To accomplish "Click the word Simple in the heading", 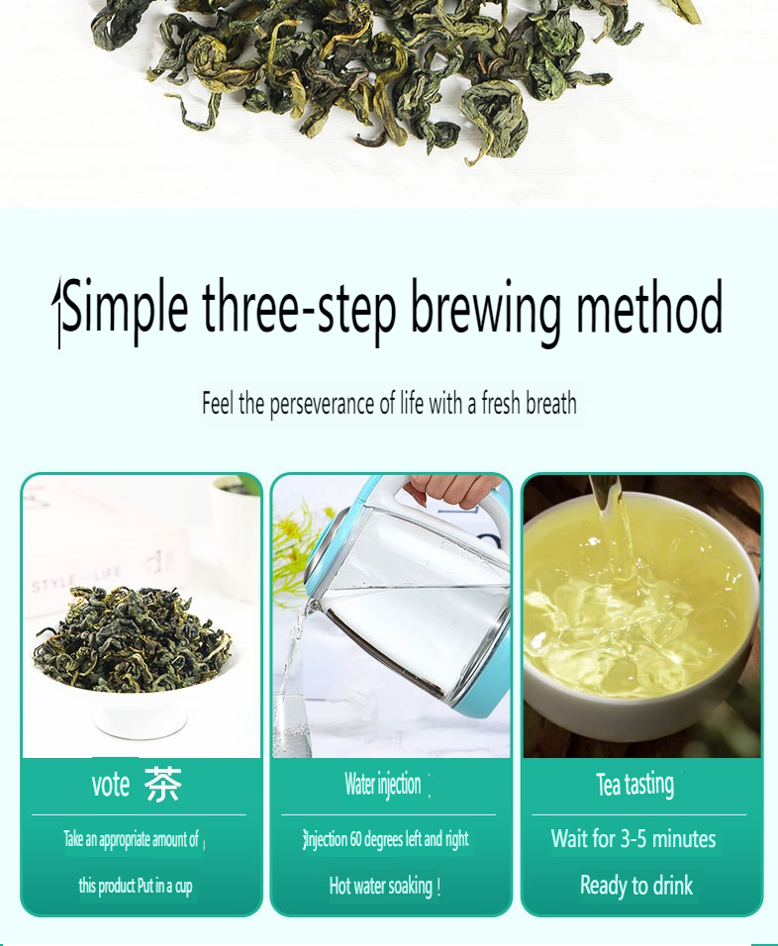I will tap(124, 308).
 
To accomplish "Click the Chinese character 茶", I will tap(163, 785).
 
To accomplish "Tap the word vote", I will tap(111, 785).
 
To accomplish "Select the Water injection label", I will tap(383, 785).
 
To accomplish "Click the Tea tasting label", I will tap(634, 785).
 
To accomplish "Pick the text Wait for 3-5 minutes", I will tap(633, 839).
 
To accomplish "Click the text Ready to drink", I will tap(635, 886).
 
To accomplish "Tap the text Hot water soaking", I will tap(383, 886).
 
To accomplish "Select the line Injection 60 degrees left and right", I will tap(386, 839).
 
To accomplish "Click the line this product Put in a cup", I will tap(136, 886).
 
